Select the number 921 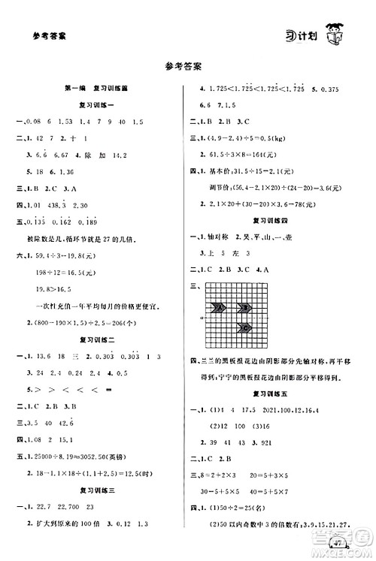coord(290,440)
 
